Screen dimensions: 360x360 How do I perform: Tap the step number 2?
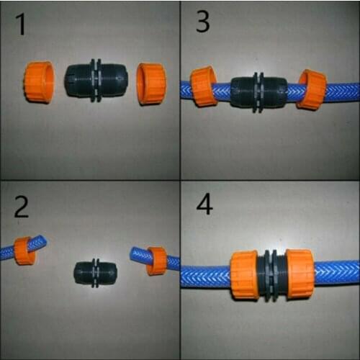tap(22, 207)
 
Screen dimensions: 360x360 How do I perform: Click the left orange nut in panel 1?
tap(39, 81)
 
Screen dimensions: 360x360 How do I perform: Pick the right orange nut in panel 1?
tap(151, 83)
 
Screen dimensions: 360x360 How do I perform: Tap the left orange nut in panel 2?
tap(25, 250)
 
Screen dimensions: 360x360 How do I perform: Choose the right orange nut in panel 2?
tap(156, 261)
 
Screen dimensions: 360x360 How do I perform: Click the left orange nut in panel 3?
tap(204, 86)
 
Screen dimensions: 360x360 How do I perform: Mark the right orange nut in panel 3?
tap(312, 89)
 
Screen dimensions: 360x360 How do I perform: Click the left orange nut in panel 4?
tap(246, 274)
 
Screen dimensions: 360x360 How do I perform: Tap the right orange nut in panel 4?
tap(298, 274)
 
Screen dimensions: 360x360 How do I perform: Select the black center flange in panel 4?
tap(272, 274)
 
